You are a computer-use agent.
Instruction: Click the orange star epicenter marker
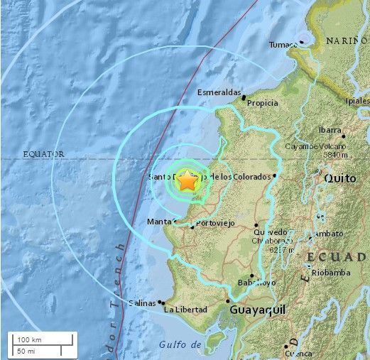(187, 181)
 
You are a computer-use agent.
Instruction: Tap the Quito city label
(339, 178)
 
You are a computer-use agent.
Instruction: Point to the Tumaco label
(282, 45)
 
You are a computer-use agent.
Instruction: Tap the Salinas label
(141, 303)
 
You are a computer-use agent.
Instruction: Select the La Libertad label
(185, 310)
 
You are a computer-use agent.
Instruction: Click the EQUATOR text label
(43, 153)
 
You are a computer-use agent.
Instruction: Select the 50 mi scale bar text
(26, 350)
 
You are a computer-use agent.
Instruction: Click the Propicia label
(262, 103)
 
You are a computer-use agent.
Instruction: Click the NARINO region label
(347, 41)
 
